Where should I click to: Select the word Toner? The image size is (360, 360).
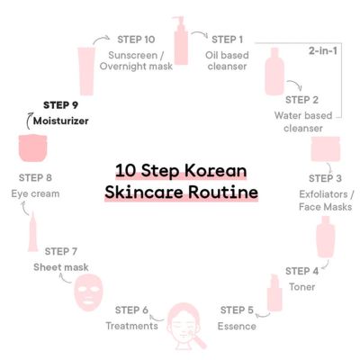(302, 285)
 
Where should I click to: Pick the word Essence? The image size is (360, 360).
(238, 325)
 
